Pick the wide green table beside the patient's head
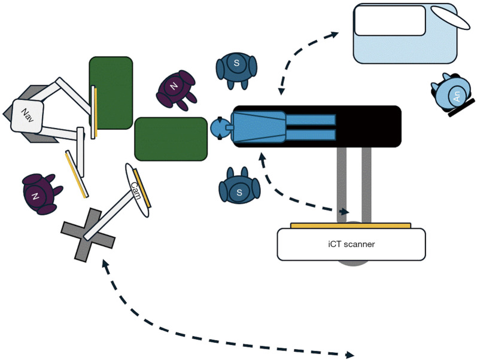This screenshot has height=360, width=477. click(171, 139)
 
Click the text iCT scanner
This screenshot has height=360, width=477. click(351, 244)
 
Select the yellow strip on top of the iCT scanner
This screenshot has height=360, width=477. click(351, 225)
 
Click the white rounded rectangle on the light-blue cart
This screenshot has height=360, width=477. click(389, 20)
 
